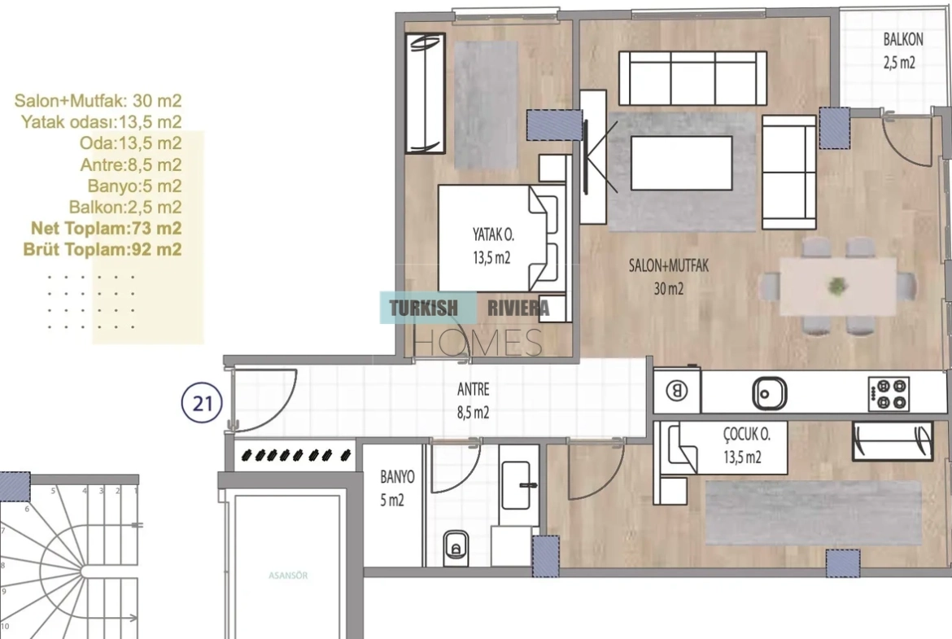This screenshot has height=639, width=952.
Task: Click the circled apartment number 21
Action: point(202,403)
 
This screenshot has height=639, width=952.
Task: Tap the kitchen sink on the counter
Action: point(769,393)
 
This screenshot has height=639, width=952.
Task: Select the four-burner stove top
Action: point(889,394)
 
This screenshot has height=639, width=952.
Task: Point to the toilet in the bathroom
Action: point(456,548)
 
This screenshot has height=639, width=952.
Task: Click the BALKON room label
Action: point(903,40)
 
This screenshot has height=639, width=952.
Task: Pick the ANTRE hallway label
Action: point(473,389)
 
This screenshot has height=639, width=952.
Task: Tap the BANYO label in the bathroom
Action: point(397,477)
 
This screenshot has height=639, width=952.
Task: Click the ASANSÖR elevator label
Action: point(288,576)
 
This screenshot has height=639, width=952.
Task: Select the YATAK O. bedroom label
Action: point(492,234)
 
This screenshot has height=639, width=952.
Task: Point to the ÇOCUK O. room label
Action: point(746,435)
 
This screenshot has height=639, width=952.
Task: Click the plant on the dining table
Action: point(837,286)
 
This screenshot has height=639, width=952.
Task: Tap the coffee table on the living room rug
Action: point(681,163)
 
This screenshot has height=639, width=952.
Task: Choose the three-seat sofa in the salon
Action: point(692,79)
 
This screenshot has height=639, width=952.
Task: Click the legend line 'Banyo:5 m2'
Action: point(134,186)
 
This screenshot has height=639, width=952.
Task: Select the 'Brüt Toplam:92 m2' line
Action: point(102,250)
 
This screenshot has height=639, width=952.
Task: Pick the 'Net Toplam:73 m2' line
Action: point(107,229)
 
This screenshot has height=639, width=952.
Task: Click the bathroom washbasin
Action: point(517,485)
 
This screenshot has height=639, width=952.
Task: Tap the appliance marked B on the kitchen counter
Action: point(676,391)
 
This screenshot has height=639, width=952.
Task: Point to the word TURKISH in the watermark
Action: point(423,308)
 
